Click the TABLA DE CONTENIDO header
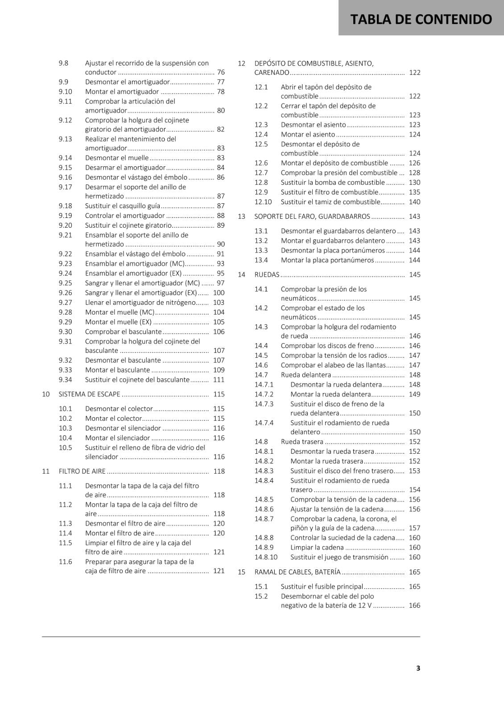click(x=421, y=19)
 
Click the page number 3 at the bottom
click(x=418, y=668)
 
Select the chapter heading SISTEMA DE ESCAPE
click(x=89, y=394)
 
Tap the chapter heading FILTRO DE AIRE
click(x=82, y=471)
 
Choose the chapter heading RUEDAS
click(x=267, y=275)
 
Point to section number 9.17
click(x=65, y=187)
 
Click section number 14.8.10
click(x=266, y=557)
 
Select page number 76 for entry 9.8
click(x=221, y=72)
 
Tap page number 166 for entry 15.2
click(x=414, y=605)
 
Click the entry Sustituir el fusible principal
click(x=322, y=586)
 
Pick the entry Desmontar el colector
click(x=119, y=409)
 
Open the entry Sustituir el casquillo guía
click(x=122, y=206)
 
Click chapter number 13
click(x=242, y=216)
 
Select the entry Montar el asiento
click(x=308, y=135)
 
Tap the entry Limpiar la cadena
click(x=317, y=547)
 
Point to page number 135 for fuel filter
click(x=414, y=192)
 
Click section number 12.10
click(x=263, y=202)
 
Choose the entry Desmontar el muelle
click(x=117, y=158)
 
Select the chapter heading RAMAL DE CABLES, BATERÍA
click(x=297, y=572)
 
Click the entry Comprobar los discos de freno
click(x=327, y=345)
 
